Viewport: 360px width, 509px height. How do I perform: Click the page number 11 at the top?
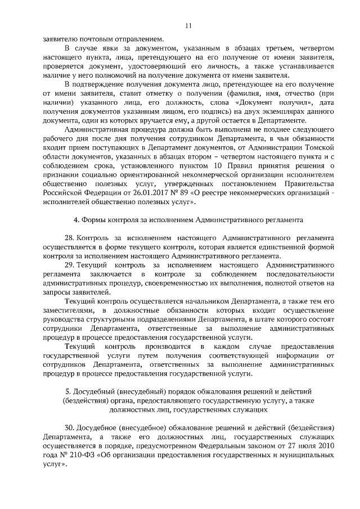pos(188,25)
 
